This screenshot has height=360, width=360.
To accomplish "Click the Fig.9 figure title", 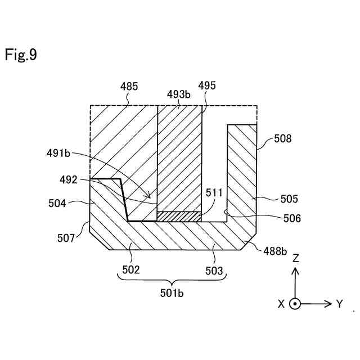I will click(21, 55).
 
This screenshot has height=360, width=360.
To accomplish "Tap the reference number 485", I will click(129, 87).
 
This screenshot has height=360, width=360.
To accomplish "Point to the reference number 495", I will click(206, 85).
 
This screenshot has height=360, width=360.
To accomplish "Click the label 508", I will click(282, 138).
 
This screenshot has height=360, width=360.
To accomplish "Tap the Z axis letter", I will click(295, 258).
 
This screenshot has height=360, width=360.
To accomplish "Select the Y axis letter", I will click(339, 304).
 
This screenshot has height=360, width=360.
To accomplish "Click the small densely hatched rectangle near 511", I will click(179, 217).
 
